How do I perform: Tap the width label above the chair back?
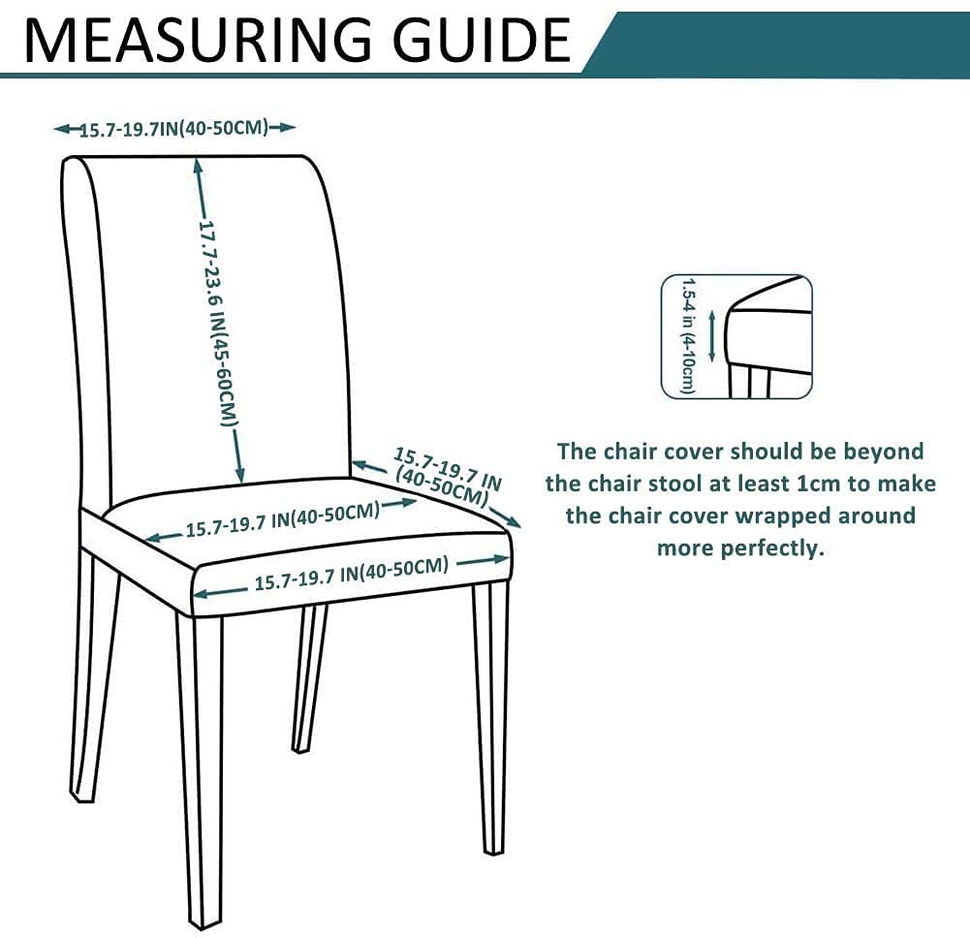pos(174,128)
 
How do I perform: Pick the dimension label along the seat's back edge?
pos(282,519)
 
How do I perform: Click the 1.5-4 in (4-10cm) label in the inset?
pos(688,335)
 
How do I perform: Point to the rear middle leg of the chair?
pos(309,678)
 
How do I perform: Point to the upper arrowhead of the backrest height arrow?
pos(199,168)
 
